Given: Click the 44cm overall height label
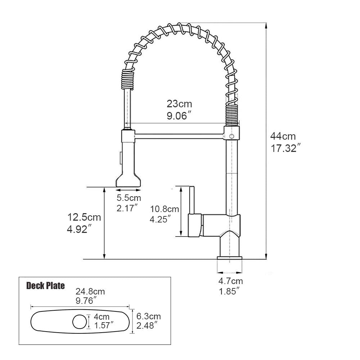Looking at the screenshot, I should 283,136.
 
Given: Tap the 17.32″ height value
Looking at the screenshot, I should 285,148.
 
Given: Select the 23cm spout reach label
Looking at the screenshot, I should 179,104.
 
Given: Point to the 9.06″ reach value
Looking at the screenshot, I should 179,116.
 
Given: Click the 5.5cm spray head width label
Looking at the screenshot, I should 129,198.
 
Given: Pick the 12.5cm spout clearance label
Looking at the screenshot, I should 84,217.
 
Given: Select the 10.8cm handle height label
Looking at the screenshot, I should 165,209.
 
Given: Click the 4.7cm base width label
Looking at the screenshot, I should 231,281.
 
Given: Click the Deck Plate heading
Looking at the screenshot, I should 46,286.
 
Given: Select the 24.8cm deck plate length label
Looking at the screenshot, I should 90,292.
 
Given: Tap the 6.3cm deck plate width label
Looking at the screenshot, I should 148,316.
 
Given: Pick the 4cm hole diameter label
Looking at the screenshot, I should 102,317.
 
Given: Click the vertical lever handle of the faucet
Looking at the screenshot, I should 192,200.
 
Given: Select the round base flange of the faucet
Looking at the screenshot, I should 229,257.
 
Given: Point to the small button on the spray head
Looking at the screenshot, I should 121,157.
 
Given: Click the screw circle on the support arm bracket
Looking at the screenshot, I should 232,136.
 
